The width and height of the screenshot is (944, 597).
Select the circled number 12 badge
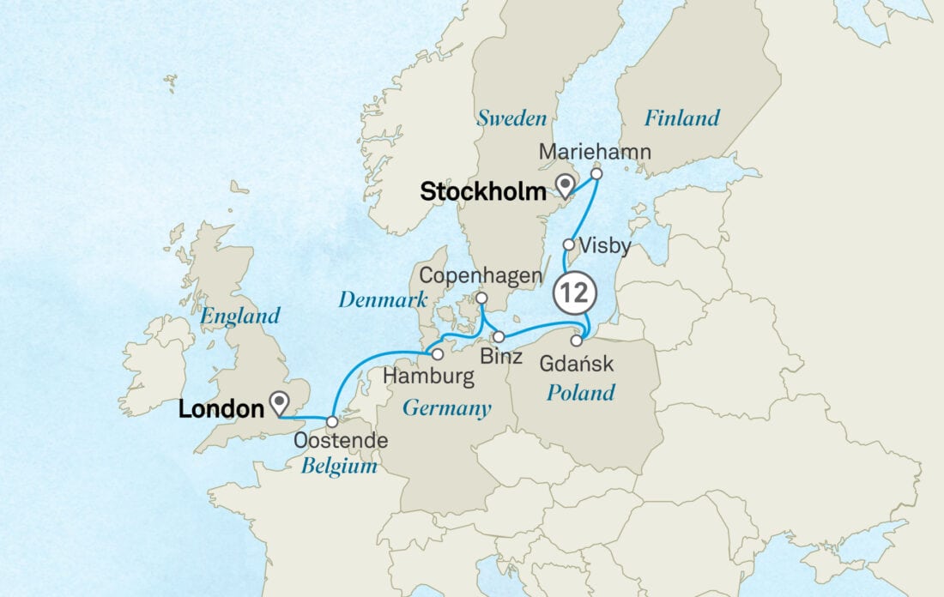click(574, 293)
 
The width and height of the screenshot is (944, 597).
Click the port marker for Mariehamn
click(596, 173)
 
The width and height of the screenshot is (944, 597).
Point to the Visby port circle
click(568, 244)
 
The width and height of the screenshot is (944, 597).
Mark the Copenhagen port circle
click(481, 298)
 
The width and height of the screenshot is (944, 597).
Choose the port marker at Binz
click(499, 336)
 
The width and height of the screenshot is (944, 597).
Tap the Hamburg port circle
click(437, 353)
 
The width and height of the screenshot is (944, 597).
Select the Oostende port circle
click(332, 421)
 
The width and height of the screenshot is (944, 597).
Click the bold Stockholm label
click(483, 192)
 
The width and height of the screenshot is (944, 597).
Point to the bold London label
click(221, 410)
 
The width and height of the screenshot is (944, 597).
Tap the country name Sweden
click(511, 118)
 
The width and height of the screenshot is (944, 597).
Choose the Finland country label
click(681, 118)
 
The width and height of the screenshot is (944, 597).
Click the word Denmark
click(383, 300)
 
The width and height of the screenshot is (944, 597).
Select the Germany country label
click(446, 407)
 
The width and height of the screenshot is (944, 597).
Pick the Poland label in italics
click(582, 393)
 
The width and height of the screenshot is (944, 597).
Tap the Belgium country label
click(339, 467)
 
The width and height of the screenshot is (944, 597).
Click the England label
click(240, 316)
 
